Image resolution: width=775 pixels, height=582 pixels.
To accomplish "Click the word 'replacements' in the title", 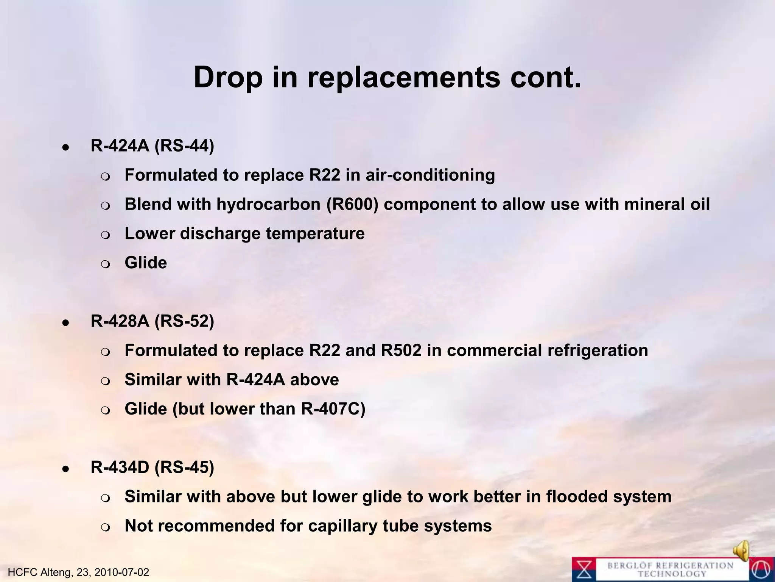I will pyautogui.click(x=403, y=78).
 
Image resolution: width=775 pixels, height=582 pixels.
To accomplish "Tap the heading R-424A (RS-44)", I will pyautogui.click(x=152, y=146).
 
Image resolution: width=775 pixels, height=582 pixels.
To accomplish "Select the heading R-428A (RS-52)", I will pyautogui.click(x=152, y=321).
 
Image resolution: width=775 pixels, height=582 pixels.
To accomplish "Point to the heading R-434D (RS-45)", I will pyautogui.click(x=152, y=468).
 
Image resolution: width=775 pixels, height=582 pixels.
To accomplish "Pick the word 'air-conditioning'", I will pyautogui.click(x=430, y=175).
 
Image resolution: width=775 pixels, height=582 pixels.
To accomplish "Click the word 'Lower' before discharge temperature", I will pyautogui.click(x=149, y=234).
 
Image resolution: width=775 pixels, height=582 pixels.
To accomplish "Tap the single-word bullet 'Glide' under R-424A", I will pyautogui.click(x=146, y=263).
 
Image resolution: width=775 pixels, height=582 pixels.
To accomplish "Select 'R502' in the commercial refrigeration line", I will pyautogui.click(x=401, y=350).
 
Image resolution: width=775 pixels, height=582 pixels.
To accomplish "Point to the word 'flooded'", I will pyautogui.click(x=577, y=497).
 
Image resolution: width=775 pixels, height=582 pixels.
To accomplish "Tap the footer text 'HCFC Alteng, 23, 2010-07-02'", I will pyautogui.click(x=78, y=572).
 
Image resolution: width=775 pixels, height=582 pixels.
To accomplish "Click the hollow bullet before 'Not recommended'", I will pyautogui.click(x=106, y=527).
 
